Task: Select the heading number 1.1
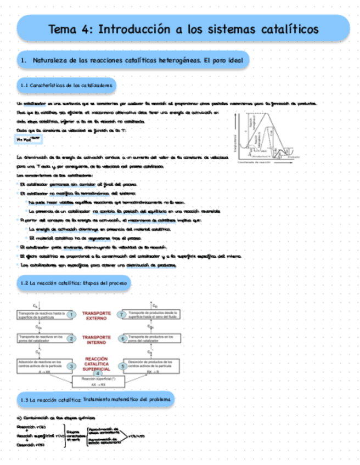pyautogui.click(x=24, y=86)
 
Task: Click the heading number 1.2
pyautogui.click(x=24, y=283)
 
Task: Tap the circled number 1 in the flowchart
pyautogui.click(x=71, y=314)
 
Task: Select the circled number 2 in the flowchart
pyautogui.click(x=71, y=338)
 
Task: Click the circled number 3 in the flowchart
pyautogui.click(x=71, y=366)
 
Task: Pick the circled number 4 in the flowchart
pyautogui.click(x=98, y=374)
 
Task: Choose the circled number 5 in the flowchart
pyautogui.click(x=122, y=366)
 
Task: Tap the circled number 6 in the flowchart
pyautogui.click(x=122, y=338)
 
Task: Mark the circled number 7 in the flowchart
pyautogui.click(x=122, y=314)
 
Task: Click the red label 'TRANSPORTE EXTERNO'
pyautogui.click(x=97, y=315)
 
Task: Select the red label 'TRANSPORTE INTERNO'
pyautogui.click(x=97, y=339)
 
